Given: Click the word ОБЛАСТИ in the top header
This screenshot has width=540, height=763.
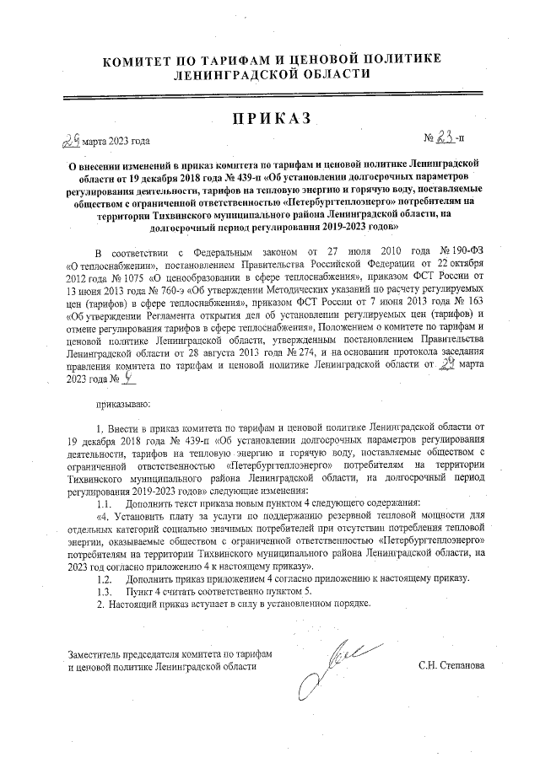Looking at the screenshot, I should click(327, 74).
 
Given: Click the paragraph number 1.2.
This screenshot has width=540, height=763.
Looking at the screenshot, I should click(105, 580).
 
